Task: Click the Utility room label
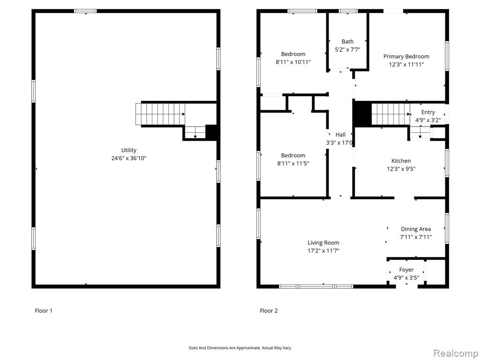point(128,150)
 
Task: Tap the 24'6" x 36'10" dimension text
point(128,158)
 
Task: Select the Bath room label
point(347,41)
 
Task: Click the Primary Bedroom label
point(406,56)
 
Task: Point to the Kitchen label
point(401,161)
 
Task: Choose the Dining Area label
point(416,229)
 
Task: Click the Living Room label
point(323,243)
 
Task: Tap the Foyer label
point(406,270)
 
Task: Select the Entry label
point(428,112)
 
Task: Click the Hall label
point(340,135)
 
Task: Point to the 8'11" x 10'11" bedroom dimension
point(293,62)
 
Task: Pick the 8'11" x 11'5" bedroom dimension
point(293,164)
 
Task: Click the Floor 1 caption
point(44,311)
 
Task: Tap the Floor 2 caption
point(269,311)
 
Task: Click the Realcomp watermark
point(455,353)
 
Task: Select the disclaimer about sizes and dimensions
point(240,348)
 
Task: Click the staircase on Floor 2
point(390,114)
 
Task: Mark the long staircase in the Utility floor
point(160,114)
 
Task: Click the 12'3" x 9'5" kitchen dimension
point(401,169)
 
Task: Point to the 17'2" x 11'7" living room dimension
point(323,251)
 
